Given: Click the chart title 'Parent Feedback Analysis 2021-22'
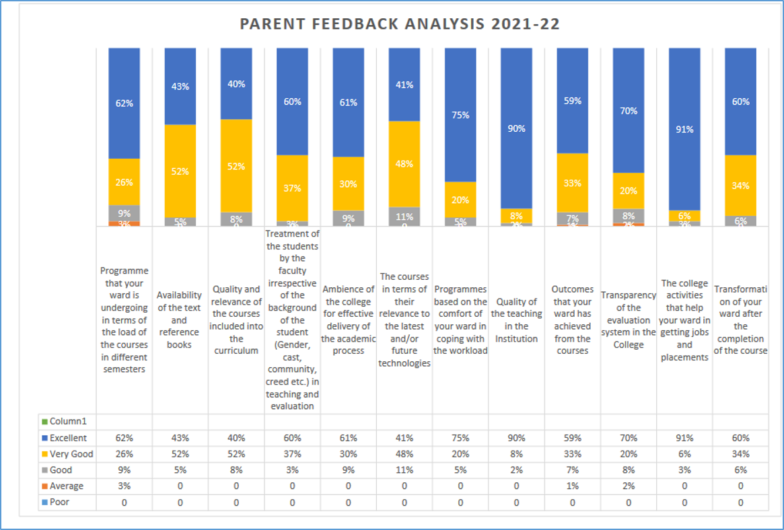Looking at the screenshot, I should tap(400, 24).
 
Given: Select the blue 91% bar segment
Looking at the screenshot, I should tap(684, 129).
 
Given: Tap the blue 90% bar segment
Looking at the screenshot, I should tap(516, 128).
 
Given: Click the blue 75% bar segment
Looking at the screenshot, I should tap(460, 115).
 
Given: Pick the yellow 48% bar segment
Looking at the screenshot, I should tap(404, 163).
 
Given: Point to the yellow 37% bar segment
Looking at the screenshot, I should tap(292, 188).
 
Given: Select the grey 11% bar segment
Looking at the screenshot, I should tap(404, 216).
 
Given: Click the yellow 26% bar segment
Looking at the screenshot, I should tap(124, 182).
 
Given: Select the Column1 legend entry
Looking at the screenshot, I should tap(64, 422).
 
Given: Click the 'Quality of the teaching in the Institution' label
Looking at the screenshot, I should tap(516, 321).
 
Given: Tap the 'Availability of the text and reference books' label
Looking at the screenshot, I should tap(180, 320).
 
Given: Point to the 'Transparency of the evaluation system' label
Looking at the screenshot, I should tap(628, 320).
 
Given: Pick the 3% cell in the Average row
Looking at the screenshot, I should tap(124, 486).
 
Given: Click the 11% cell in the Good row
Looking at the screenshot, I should tap(404, 470).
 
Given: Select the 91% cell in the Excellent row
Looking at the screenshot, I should tap(684, 438).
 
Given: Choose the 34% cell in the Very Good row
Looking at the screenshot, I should tap(740, 454).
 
